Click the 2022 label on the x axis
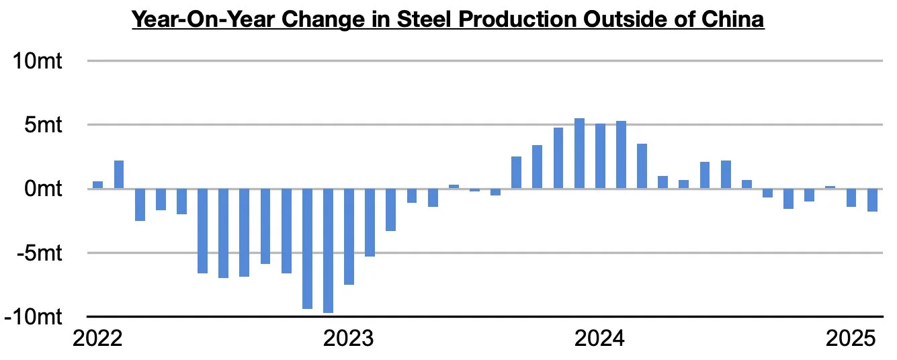[97, 338]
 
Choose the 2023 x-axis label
[349, 338]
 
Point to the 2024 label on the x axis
[600, 338]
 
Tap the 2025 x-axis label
[851, 338]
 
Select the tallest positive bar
[579, 154]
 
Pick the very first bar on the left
[97, 185]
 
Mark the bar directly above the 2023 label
[349, 236]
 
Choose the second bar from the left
[119, 175]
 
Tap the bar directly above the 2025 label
[851, 197]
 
